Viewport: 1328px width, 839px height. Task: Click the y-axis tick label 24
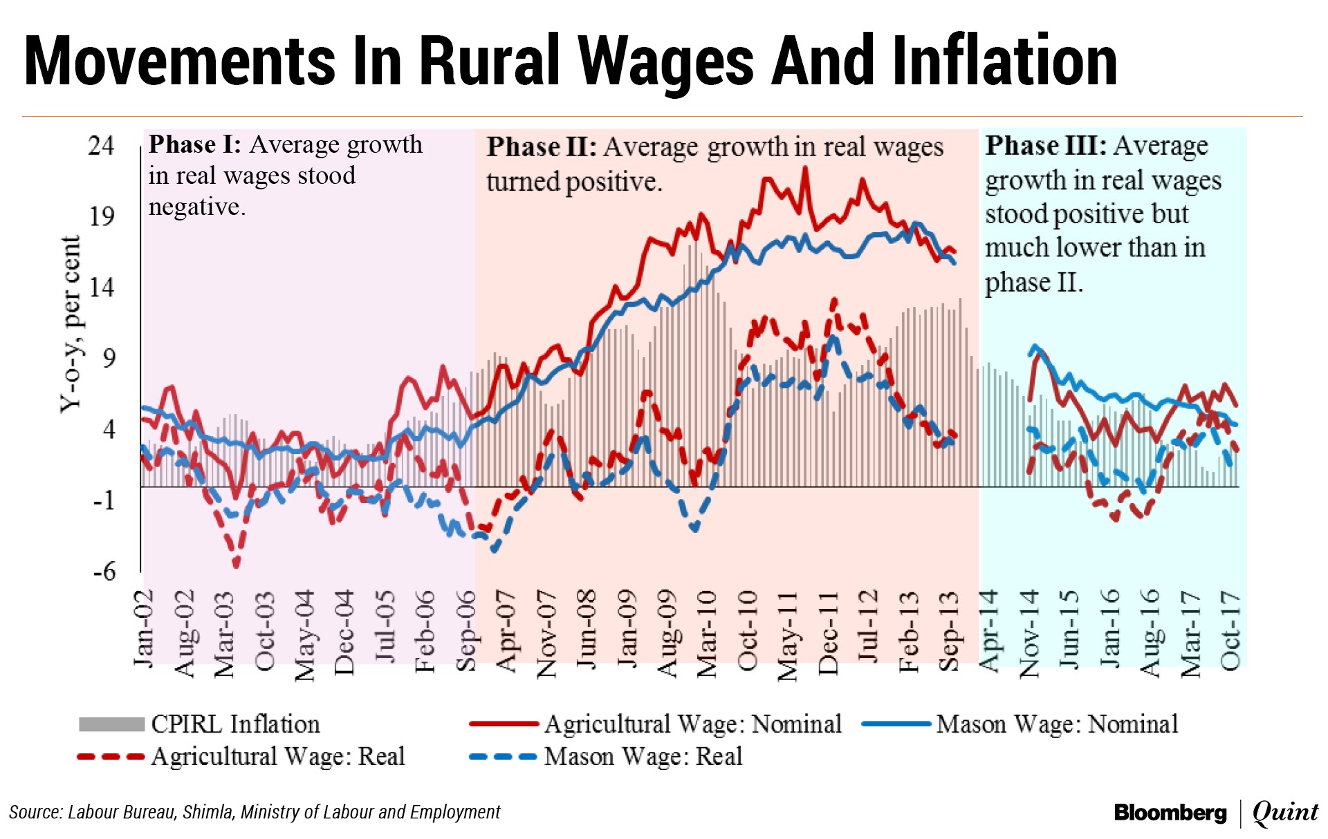101,145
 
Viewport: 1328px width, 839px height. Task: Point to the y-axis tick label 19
101,216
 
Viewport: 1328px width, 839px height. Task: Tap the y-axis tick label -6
104,572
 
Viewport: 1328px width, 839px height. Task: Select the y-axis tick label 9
108,358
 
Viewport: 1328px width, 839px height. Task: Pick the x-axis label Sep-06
466,630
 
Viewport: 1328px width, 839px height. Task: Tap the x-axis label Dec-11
828,632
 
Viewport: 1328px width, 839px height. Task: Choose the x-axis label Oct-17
1230,630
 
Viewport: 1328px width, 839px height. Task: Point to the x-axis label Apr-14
989,630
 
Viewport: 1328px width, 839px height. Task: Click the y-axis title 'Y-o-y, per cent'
71,323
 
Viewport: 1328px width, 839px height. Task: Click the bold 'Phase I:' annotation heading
194,144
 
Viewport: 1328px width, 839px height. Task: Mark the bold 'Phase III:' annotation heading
1045,146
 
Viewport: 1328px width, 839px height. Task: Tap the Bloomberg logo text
1170,813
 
